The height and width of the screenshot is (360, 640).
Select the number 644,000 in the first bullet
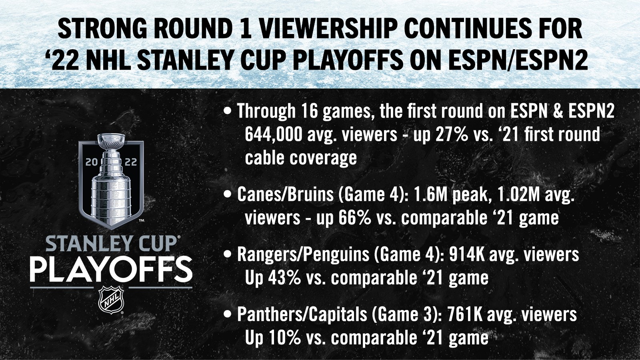coord(274,134)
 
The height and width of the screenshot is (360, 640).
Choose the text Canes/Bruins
coord(285,195)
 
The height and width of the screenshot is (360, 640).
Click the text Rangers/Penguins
coord(303,255)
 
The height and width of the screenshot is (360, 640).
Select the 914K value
coord(466,254)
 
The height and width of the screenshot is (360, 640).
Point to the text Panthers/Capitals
coord(302,314)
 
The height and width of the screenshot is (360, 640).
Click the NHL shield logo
coord(111,300)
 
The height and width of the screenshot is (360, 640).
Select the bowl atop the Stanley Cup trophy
coord(111,140)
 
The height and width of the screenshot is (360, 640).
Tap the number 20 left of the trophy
coord(92,162)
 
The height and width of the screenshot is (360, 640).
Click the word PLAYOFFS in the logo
coord(111,270)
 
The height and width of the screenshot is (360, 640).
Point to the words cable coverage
coord(301,158)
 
